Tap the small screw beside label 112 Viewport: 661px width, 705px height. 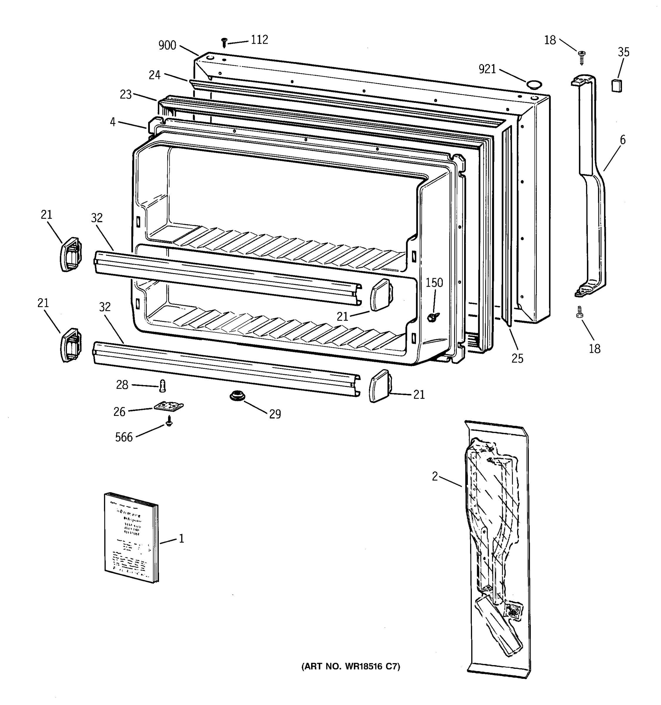(224, 43)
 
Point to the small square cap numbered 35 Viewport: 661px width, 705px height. (617, 85)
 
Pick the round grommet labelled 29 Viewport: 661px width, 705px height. (234, 395)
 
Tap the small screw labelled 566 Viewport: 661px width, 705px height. (170, 421)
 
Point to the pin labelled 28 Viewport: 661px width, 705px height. (163, 385)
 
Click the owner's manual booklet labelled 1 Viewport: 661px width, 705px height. (131, 538)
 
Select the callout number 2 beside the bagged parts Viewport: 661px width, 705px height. (435, 477)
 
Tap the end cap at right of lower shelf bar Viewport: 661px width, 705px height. (380, 385)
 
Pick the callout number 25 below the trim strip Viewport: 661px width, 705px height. (517, 359)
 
